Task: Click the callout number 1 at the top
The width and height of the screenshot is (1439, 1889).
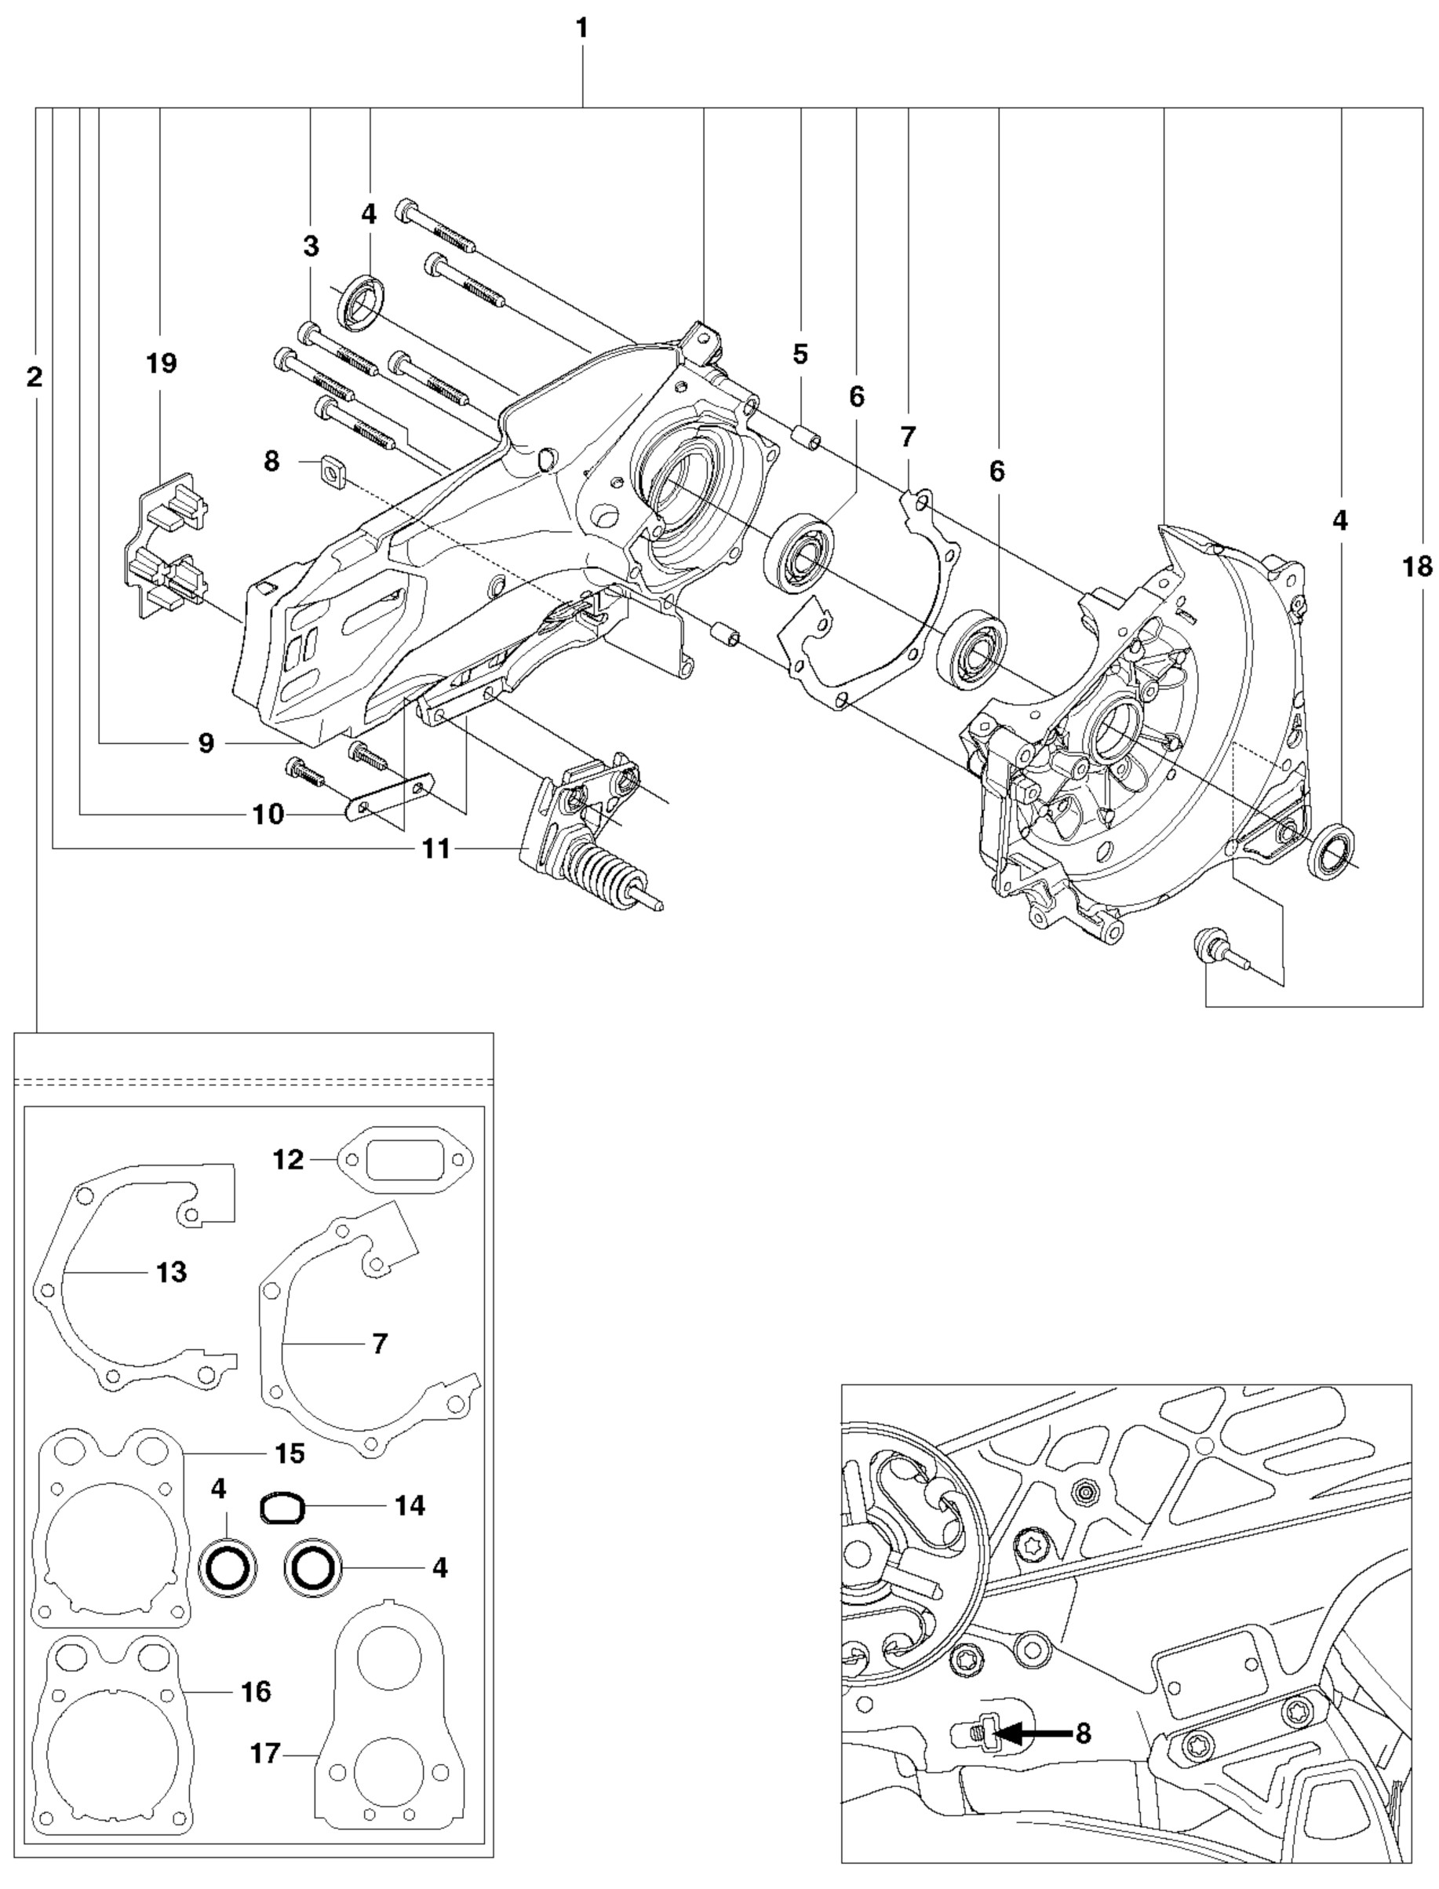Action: (x=581, y=29)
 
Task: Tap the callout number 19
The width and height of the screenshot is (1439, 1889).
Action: (x=161, y=363)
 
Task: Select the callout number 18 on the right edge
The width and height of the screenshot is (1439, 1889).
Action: (x=1418, y=567)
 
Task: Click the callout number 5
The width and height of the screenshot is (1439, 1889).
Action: (x=800, y=354)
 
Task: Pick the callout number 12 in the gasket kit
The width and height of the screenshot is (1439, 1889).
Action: (x=289, y=1160)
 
